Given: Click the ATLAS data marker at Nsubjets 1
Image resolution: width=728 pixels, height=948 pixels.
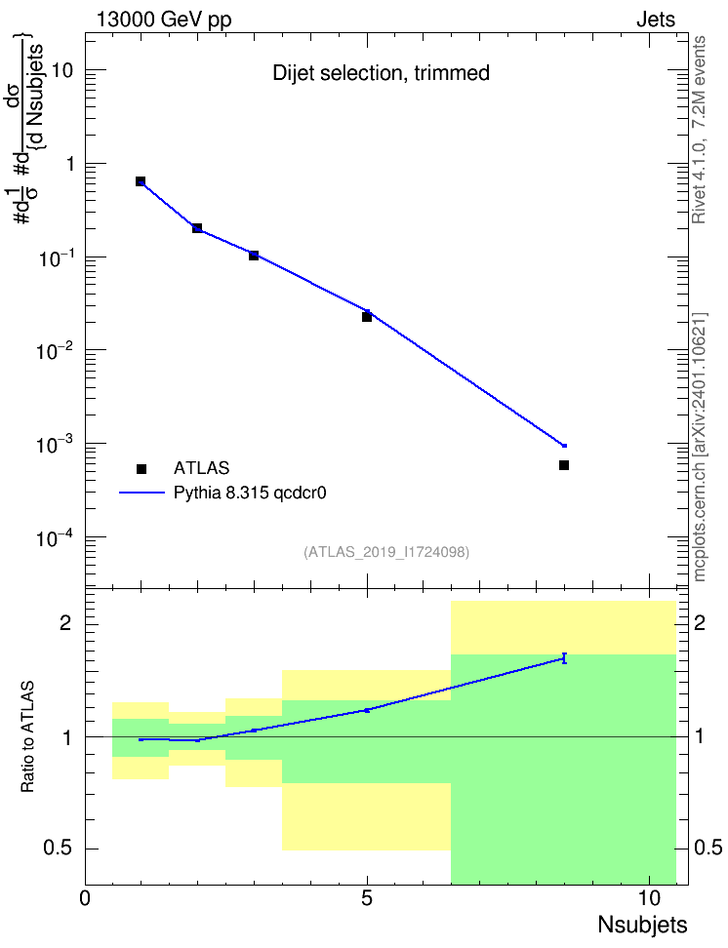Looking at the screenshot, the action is (x=141, y=181).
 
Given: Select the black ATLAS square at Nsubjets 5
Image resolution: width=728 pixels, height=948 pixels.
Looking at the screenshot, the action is (x=367, y=317).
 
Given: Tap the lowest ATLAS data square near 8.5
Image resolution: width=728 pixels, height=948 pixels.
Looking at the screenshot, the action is (x=564, y=465).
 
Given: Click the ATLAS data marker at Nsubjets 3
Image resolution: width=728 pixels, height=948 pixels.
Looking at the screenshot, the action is (x=254, y=256).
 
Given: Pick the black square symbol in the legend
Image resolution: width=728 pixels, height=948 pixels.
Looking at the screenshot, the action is (x=142, y=468).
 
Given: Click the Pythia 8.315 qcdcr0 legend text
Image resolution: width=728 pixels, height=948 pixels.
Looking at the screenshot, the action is (x=250, y=494).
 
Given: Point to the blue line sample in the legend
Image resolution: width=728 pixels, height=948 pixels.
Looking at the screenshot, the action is (x=142, y=493).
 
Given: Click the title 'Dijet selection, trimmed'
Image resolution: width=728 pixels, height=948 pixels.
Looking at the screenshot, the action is (x=382, y=73).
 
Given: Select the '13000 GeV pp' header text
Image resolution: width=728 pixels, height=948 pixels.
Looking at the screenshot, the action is (x=164, y=20).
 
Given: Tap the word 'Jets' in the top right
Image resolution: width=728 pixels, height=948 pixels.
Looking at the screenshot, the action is (x=656, y=20).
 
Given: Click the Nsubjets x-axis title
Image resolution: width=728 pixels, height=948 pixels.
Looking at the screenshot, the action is (x=643, y=925).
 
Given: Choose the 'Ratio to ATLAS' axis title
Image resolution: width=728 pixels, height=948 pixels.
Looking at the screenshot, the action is (x=27, y=737).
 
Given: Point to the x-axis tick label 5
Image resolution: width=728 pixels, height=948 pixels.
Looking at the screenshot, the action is (x=367, y=898).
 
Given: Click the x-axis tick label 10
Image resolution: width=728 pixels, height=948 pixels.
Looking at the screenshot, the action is (x=649, y=898).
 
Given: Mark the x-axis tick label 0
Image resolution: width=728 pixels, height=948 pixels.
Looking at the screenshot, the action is (x=85, y=898).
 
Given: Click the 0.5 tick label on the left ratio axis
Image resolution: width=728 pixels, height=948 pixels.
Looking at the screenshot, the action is (x=58, y=849).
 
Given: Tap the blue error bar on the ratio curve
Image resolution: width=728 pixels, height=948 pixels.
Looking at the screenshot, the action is (x=564, y=658).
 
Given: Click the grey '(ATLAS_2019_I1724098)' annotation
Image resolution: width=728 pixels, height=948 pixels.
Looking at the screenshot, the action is (x=386, y=552).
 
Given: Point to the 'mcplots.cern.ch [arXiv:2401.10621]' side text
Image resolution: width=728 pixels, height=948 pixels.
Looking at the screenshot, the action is (x=700, y=447).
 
